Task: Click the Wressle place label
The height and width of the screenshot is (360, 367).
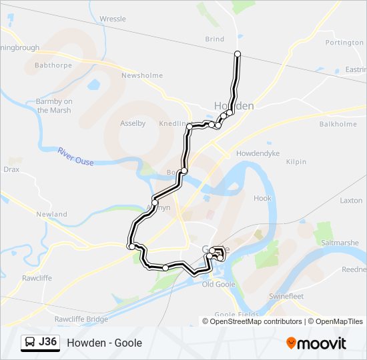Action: click(112, 19)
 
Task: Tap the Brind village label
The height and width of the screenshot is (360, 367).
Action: click(215, 39)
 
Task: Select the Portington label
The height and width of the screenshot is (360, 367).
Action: click(344, 43)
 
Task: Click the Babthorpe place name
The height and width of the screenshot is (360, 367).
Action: click(53, 66)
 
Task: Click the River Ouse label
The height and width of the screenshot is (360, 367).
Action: click(75, 157)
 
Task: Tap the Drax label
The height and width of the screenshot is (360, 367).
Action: click(11, 170)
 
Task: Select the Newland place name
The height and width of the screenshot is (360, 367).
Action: click(51, 214)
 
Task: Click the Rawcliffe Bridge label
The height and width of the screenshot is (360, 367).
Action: click(81, 319)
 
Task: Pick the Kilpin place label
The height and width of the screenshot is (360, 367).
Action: click(296, 162)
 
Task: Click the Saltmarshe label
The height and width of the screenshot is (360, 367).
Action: click(341, 243)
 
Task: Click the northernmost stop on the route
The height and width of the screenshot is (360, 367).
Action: click(238, 54)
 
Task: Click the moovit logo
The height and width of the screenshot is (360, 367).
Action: click(316, 343)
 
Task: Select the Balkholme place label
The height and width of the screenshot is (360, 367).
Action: click(338, 124)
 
